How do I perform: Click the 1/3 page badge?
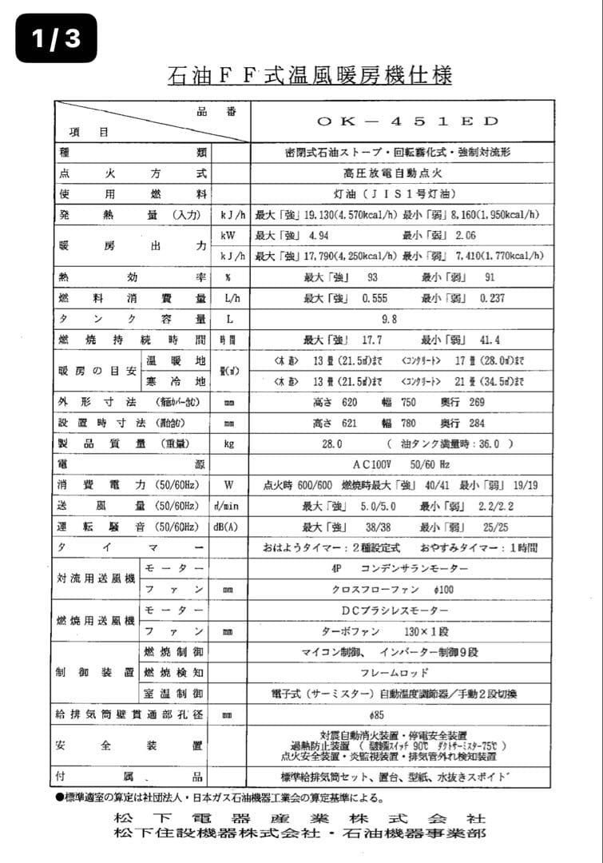click(x=56, y=38)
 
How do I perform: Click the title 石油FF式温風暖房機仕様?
click(x=310, y=76)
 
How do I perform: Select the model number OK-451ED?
click(x=407, y=121)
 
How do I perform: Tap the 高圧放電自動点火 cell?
click(x=400, y=173)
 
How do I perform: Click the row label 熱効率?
click(x=133, y=277)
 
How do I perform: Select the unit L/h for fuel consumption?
click(x=229, y=298)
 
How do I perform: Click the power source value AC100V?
click(x=375, y=464)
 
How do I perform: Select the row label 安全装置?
click(x=129, y=745)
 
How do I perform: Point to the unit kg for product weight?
click(x=229, y=443)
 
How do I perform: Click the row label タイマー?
click(x=133, y=548)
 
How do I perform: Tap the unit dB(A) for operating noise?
click(x=230, y=527)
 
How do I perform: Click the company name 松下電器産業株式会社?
click(x=300, y=819)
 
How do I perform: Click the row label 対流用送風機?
click(x=96, y=579)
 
